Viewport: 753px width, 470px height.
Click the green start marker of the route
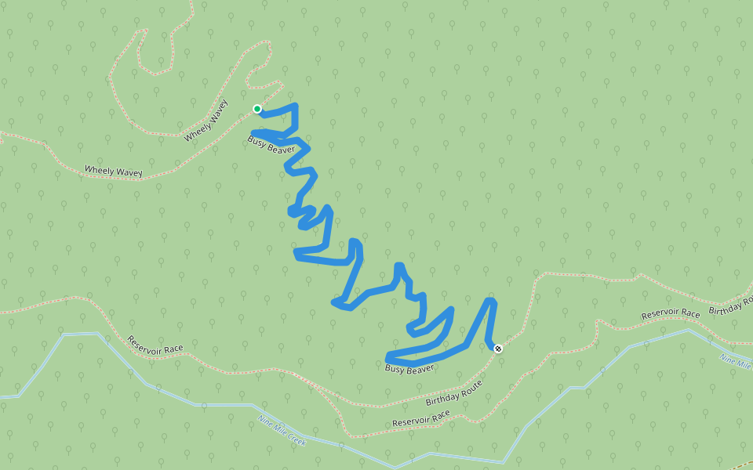(256, 109)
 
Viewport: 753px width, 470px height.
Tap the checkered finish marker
(498, 348)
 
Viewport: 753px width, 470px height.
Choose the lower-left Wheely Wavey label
(113, 170)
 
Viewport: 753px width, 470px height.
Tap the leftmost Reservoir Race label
(155, 345)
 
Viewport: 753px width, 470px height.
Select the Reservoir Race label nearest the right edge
(670, 314)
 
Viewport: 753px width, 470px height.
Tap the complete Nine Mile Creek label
(282, 431)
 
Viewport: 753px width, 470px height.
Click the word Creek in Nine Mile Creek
(295, 438)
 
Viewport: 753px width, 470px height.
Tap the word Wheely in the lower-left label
(99, 169)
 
